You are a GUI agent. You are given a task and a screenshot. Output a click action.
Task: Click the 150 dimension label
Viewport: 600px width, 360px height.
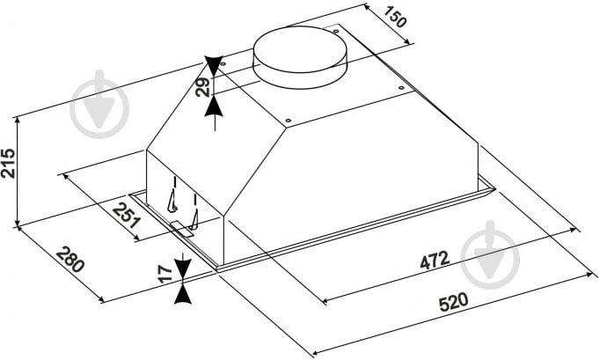[394, 17]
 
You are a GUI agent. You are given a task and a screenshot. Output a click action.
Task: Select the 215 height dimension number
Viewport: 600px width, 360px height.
[8, 164]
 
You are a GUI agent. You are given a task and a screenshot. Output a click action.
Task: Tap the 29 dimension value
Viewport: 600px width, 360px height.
[202, 87]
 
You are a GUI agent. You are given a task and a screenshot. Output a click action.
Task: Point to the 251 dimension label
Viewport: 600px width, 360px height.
[127, 216]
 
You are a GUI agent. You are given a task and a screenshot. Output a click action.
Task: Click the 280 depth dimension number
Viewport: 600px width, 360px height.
[70, 260]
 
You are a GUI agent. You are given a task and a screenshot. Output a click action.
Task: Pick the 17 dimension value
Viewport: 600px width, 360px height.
[166, 274]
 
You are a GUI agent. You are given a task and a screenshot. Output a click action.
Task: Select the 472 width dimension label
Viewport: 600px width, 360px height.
[435, 261]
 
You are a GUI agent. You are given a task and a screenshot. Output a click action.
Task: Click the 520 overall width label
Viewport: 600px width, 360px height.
[453, 302]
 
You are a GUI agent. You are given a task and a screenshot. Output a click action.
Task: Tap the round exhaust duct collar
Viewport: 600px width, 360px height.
[300, 57]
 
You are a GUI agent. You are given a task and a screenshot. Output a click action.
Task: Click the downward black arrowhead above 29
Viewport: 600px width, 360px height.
[214, 66]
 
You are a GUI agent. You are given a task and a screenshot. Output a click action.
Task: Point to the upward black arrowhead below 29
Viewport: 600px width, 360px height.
[214, 107]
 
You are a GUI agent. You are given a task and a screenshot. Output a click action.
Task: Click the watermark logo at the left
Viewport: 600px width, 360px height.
[99, 104]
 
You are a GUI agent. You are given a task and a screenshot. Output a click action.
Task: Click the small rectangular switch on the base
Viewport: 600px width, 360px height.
[182, 229]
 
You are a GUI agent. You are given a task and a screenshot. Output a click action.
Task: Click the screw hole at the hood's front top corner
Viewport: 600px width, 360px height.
[289, 121]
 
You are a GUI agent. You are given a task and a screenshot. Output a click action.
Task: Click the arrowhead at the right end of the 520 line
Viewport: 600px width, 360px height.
[592, 275]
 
